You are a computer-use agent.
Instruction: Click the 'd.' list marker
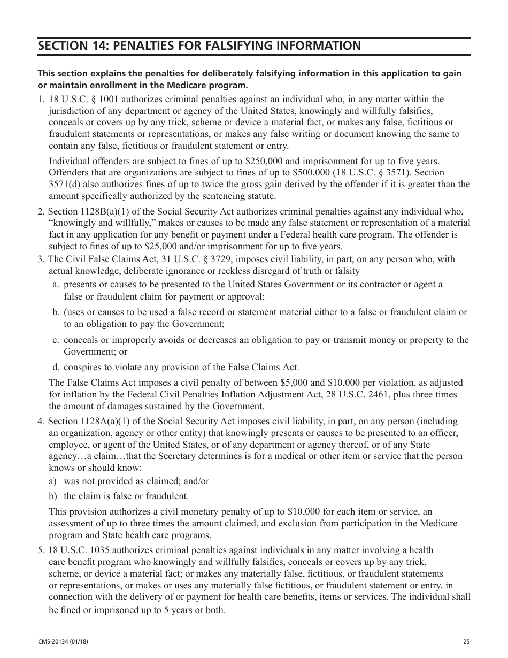56,368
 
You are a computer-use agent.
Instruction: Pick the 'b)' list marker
53,496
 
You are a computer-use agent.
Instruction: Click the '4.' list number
41,421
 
